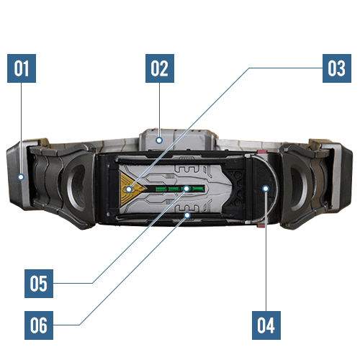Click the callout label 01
click(x=22, y=68)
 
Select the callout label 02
click(x=160, y=68)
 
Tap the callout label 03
click(x=337, y=68)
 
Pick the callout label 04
click(x=266, y=325)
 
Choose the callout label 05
click(x=39, y=284)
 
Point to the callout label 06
click(x=39, y=325)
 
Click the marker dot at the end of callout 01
click(x=21, y=177)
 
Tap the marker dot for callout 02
click(x=159, y=140)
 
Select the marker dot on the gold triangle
click(x=129, y=189)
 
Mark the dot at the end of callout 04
click(x=266, y=189)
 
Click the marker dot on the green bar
click(x=186, y=189)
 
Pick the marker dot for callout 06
click(x=187, y=215)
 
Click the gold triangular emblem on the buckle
click(x=131, y=189)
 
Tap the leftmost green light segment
click(x=161, y=189)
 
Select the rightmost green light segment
click(x=199, y=189)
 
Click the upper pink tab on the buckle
click(x=261, y=152)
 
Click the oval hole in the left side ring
click(x=77, y=186)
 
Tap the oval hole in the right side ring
click(x=298, y=186)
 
